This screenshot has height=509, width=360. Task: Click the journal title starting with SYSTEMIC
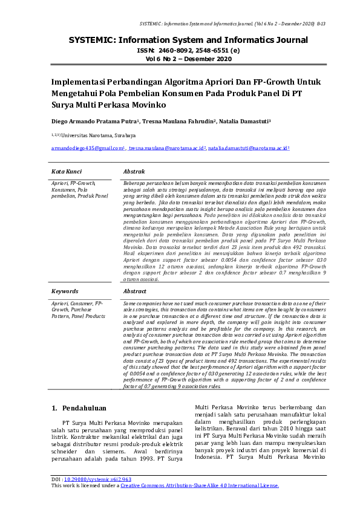pos(180,41)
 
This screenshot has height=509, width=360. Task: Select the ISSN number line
pos(180,51)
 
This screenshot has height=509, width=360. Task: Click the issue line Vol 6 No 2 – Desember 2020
pos(180,59)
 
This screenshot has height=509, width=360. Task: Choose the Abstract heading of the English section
pos(134,291)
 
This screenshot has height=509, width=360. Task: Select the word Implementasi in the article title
pos(82,82)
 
